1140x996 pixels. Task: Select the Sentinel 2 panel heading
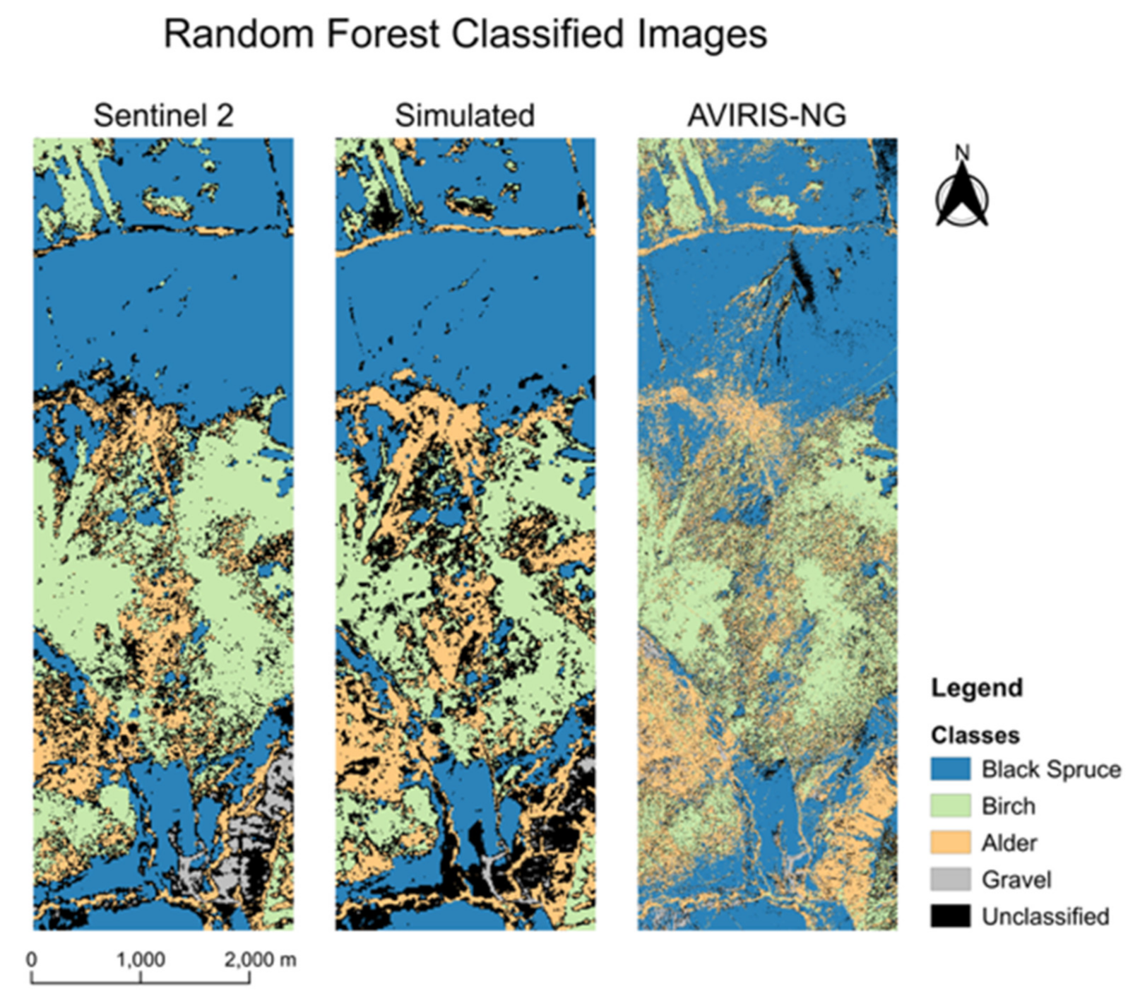[163, 115]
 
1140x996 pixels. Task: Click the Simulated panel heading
[464, 115]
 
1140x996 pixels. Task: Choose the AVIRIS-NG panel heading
[766, 115]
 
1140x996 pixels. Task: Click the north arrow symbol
[961, 197]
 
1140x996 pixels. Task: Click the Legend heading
[976, 687]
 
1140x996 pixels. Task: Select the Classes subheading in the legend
[975, 735]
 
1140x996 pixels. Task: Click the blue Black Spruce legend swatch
[950, 769]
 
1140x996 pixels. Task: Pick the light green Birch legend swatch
[950, 805]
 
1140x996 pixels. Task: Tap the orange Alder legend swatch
[950, 842]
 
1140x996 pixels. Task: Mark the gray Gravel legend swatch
[950, 879]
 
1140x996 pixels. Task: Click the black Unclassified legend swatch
[950, 915]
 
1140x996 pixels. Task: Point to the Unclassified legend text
[1045, 916]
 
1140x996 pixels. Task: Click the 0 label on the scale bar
[32, 959]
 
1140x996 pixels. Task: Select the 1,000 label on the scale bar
[141, 959]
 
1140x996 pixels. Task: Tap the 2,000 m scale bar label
[260, 959]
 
